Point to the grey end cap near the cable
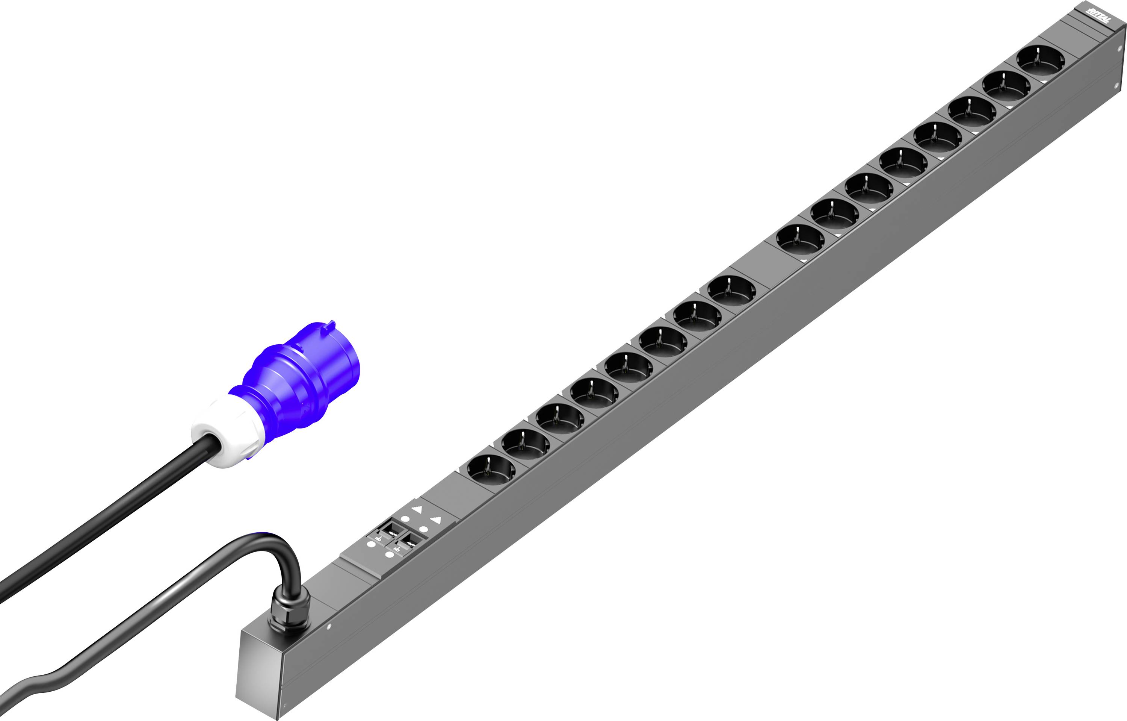tap(260, 674)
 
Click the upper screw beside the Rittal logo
tap(1119, 49)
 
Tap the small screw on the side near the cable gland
tap(329, 626)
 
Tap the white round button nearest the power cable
tap(371, 544)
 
